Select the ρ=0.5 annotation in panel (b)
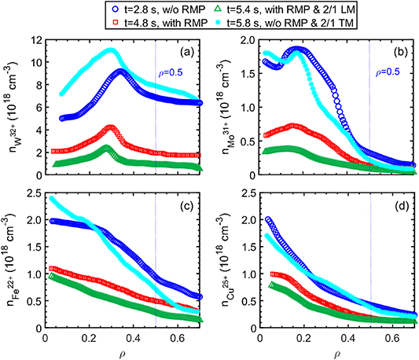click(386, 75)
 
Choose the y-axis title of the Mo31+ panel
click(223, 107)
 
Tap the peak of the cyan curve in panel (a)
click(112, 50)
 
